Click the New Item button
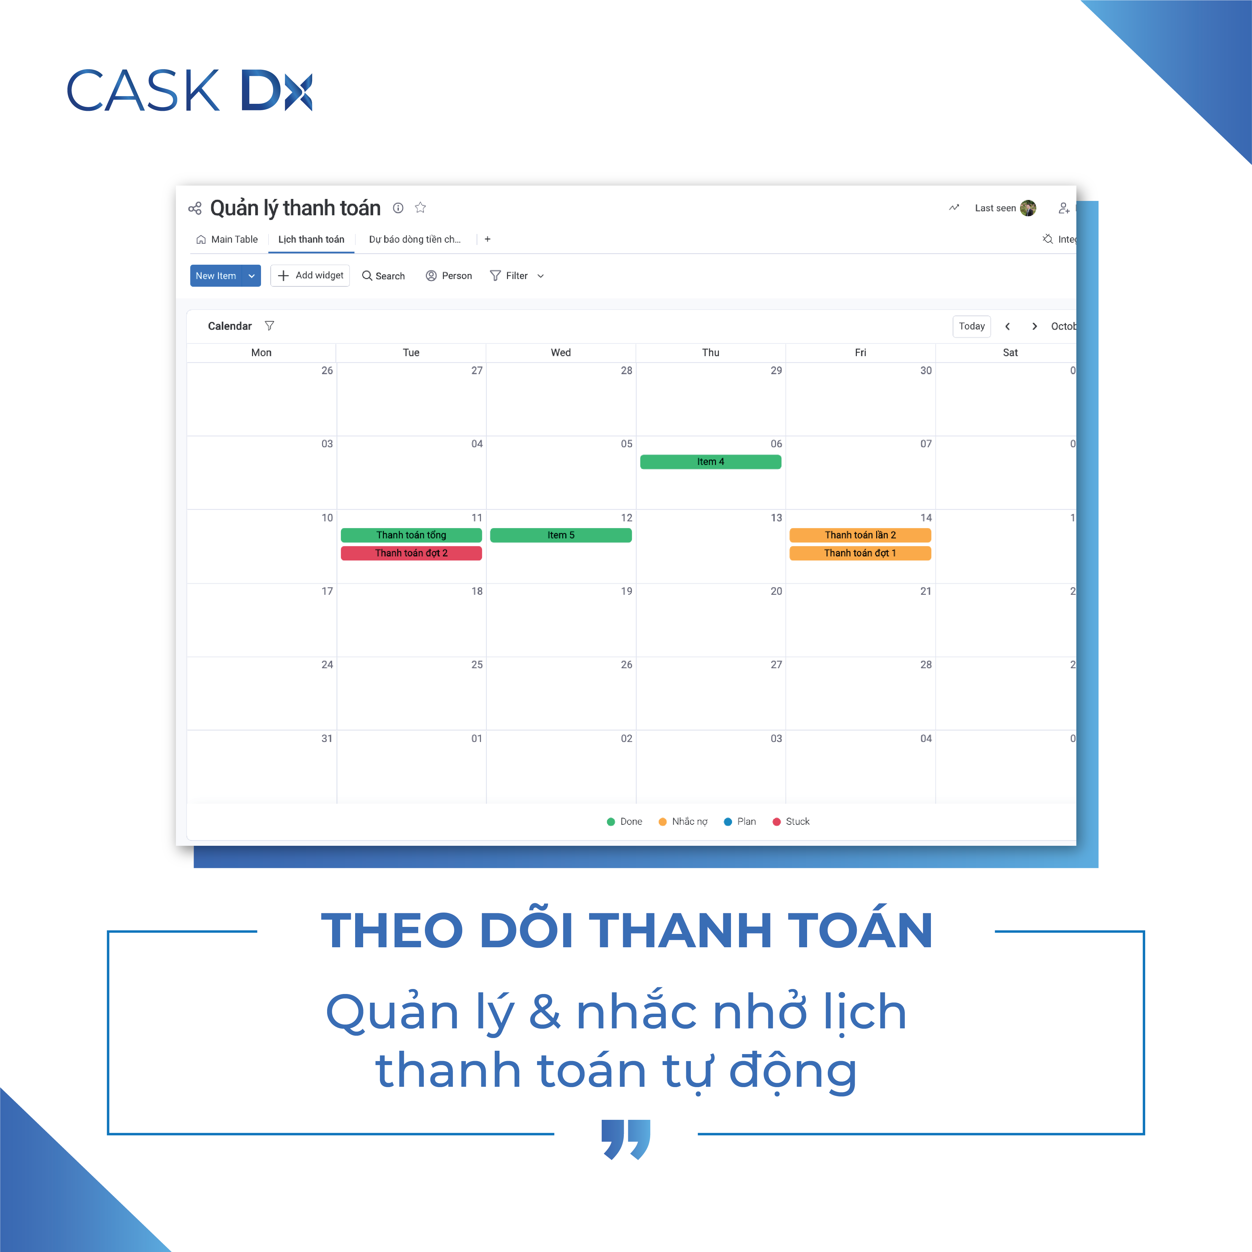point(216,275)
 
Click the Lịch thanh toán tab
point(311,239)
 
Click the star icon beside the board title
point(421,207)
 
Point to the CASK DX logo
point(189,89)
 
